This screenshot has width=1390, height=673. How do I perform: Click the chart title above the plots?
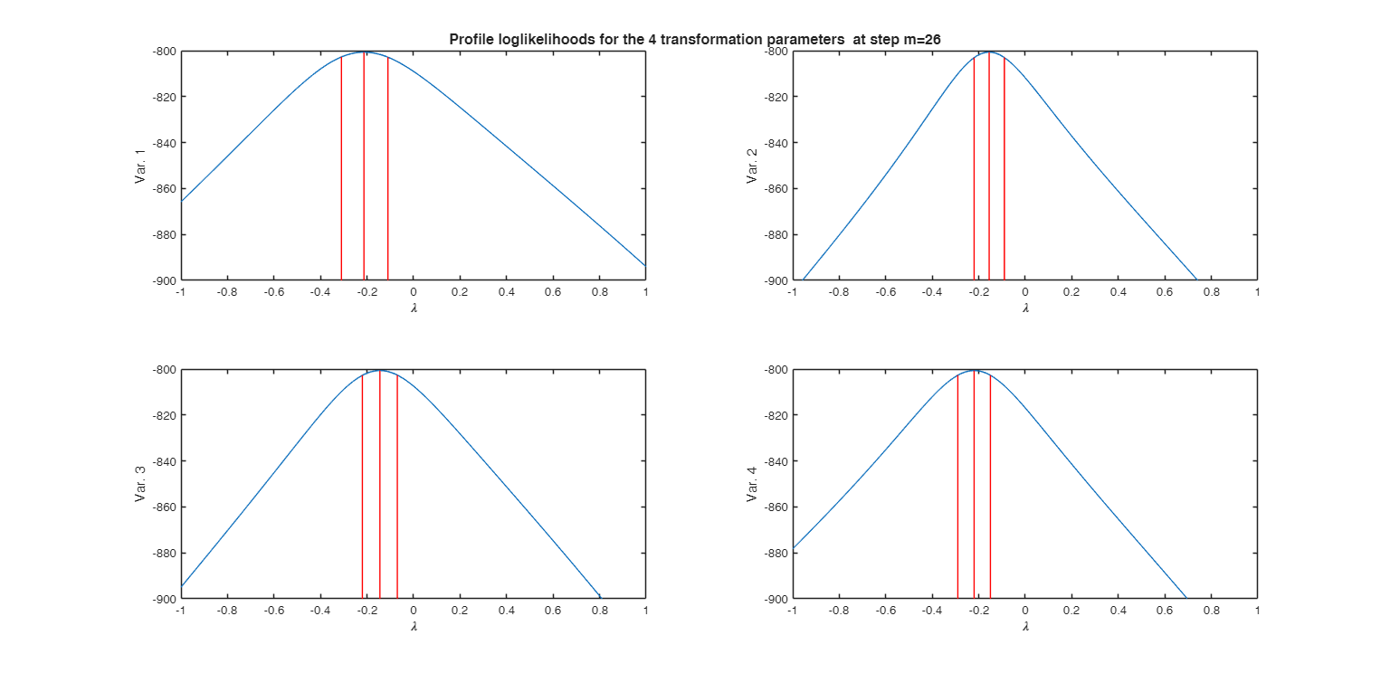(x=694, y=39)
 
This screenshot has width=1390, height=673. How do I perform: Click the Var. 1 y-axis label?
(x=140, y=166)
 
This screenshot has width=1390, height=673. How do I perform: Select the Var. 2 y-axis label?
(x=752, y=166)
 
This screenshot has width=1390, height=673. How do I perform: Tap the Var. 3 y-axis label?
(x=140, y=485)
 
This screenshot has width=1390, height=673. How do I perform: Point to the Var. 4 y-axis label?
(x=752, y=485)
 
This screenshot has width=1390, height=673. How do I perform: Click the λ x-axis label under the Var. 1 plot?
(x=413, y=308)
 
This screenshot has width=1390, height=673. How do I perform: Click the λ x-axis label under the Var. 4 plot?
(x=1025, y=626)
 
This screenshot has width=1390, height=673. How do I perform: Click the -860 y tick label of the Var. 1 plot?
(x=163, y=189)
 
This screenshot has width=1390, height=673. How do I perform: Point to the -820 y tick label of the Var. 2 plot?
(x=776, y=97)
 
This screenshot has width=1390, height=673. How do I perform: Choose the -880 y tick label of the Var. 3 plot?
(x=163, y=553)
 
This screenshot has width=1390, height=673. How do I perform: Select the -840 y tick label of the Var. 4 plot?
(x=776, y=461)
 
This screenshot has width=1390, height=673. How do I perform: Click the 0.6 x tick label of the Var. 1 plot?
(x=552, y=293)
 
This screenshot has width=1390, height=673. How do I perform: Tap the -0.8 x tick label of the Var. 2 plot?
(x=837, y=293)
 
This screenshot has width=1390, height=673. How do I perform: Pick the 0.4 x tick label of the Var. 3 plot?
(x=506, y=611)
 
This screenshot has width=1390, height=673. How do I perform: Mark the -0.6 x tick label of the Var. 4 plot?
(x=884, y=611)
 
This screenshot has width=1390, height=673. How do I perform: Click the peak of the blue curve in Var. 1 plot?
(x=365, y=52)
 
